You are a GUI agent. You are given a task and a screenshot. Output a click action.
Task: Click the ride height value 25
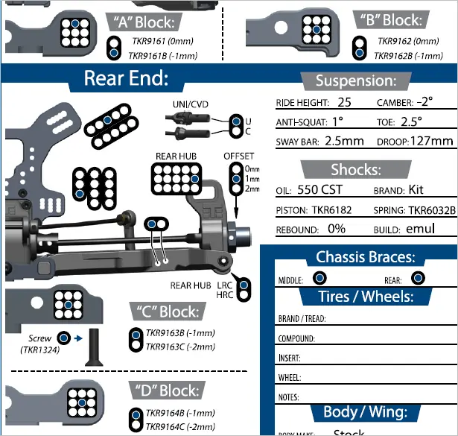click(x=344, y=102)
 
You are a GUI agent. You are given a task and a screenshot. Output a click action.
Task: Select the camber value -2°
click(x=424, y=101)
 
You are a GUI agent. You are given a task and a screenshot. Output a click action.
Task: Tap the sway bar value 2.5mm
click(x=344, y=141)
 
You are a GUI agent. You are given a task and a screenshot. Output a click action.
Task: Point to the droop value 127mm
click(x=432, y=141)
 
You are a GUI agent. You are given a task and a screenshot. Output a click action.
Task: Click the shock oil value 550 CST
click(x=319, y=189)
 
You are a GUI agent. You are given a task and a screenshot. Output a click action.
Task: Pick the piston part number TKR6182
click(x=332, y=210)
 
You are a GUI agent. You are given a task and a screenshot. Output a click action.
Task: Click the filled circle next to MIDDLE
click(x=319, y=277)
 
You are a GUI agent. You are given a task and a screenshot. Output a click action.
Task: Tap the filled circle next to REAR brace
click(x=418, y=277)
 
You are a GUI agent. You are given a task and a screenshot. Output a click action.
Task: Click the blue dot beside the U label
click(x=236, y=121)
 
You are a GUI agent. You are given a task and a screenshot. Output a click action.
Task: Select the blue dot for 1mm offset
click(x=236, y=179)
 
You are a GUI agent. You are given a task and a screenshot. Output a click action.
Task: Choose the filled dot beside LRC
click(x=244, y=285)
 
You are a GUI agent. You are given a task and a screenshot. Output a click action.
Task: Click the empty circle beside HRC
click(x=244, y=294)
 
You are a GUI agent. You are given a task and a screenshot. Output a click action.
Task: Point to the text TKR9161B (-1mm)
click(x=163, y=55)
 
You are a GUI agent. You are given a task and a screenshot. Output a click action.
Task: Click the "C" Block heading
click(x=168, y=312)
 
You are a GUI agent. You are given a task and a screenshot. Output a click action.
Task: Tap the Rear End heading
click(x=126, y=78)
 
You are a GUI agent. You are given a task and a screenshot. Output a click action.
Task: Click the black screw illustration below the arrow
click(x=94, y=347)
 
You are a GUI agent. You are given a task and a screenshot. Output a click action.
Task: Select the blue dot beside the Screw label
click(x=64, y=338)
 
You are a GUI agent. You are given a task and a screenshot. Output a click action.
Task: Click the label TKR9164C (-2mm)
click(x=180, y=426)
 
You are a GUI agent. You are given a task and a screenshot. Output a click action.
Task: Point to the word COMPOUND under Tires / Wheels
click(x=296, y=338)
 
